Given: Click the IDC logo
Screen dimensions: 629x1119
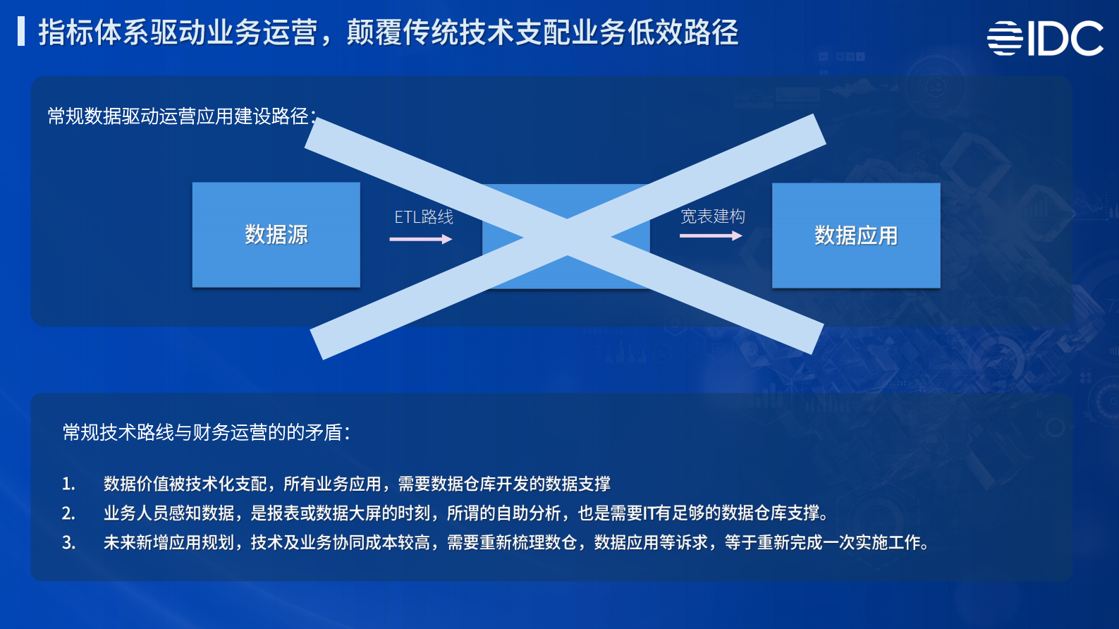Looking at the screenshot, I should click(1045, 38).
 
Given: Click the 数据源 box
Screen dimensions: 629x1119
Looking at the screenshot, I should click(276, 235).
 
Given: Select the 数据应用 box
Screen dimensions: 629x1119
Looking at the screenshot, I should click(856, 236).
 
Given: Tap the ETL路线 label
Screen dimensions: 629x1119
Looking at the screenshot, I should click(423, 217).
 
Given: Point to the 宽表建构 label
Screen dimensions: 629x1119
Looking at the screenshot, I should click(712, 216).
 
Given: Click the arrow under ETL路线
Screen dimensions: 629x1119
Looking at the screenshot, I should click(420, 239).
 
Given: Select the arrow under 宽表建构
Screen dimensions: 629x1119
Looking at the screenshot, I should click(710, 236).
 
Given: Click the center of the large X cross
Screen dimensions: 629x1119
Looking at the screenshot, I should click(567, 236).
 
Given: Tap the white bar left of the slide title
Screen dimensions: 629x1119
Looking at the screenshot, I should click(21, 32).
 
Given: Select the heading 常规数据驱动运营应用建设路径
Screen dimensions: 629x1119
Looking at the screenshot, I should click(181, 116).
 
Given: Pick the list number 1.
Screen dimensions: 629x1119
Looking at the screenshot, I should click(68, 484).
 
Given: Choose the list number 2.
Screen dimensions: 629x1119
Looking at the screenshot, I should click(68, 513).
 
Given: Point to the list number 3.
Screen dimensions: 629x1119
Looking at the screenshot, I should click(68, 543).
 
